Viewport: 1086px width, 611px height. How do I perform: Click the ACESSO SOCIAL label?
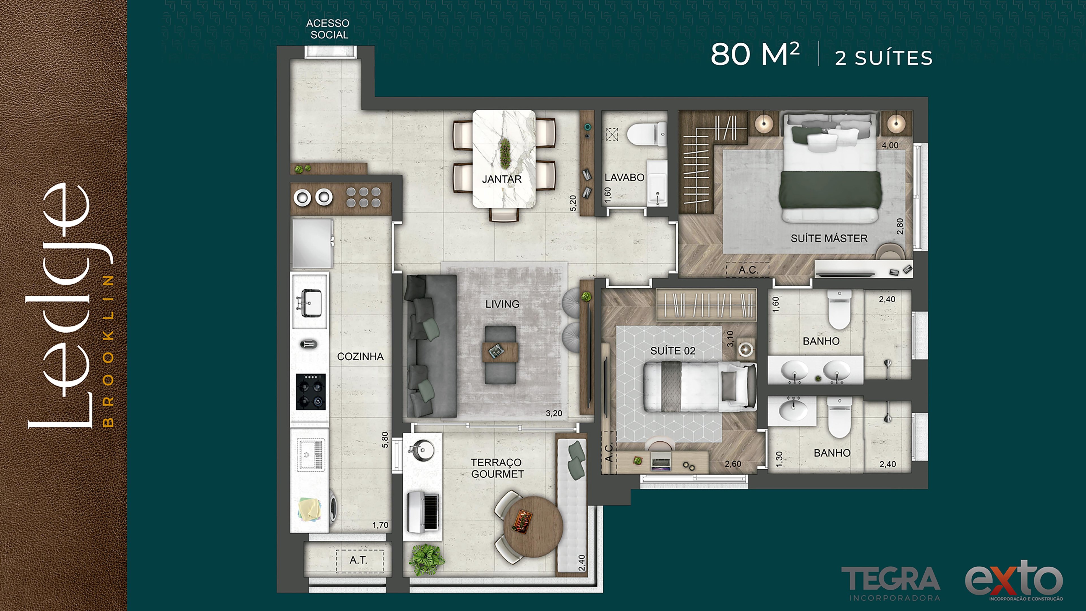327,29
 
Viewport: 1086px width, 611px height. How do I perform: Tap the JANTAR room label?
502,179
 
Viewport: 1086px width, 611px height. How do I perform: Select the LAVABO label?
624,178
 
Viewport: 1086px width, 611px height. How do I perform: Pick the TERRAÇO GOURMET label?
497,468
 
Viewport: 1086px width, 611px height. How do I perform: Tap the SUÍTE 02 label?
673,351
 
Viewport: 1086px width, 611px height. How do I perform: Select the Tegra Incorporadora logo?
890,583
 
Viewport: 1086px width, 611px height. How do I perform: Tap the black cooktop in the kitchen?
311,392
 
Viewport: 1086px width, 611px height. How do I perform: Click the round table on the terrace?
533,527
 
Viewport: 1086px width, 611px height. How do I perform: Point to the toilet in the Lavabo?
646,134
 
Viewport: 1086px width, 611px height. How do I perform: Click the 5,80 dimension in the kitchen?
385,439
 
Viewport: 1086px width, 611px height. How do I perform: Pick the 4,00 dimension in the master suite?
890,145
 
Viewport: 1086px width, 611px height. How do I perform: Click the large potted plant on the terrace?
427,560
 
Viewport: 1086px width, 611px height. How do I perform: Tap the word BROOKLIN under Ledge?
108,351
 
